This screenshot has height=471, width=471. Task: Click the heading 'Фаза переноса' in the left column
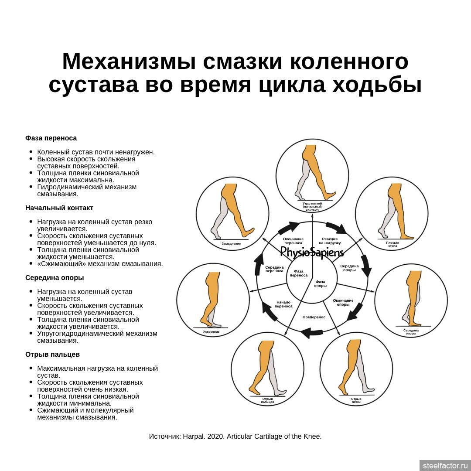pyautogui.click(x=51, y=138)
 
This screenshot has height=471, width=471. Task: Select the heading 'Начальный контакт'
pyautogui.click(x=59, y=208)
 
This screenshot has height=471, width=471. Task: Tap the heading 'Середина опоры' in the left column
pyautogui.click(x=55, y=277)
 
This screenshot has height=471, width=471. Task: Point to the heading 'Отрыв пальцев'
pyautogui.click(x=52, y=355)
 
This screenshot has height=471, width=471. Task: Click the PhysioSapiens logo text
pyautogui.click(x=312, y=253)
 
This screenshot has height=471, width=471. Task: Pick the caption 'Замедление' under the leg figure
pyautogui.click(x=231, y=244)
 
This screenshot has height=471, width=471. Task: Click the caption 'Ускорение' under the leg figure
pyautogui.click(x=211, y=331)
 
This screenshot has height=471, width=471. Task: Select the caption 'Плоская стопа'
pyautogui.click(x=392, y=244)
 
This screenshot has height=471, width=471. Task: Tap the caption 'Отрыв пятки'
pyautogui.click(x=356, y=400)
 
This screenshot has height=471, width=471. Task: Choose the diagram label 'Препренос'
pyautogui.click(x=314, y=317)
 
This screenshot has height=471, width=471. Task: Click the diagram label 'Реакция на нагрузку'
pyautogui.click(x=330, y=241)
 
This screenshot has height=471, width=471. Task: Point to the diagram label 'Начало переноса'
pyautogui.click(x=283, y=304)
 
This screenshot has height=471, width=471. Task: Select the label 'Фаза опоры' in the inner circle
pyautogui.click(x=320, y=284)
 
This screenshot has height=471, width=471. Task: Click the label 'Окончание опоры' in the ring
pyautogui.click(x=343, y=303)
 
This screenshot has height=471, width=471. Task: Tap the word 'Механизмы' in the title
pyautogui.click(x=129, y=61)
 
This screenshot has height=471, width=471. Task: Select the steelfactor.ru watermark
pyautogui.click(x=445, y=466)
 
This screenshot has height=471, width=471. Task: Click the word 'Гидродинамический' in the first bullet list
pyautogui.click(x=87, y=187)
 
